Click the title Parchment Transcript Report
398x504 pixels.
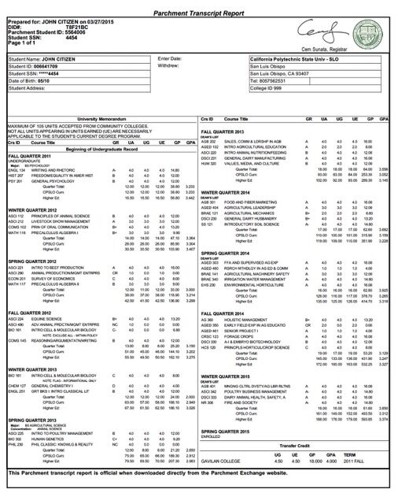tap(199, 6)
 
